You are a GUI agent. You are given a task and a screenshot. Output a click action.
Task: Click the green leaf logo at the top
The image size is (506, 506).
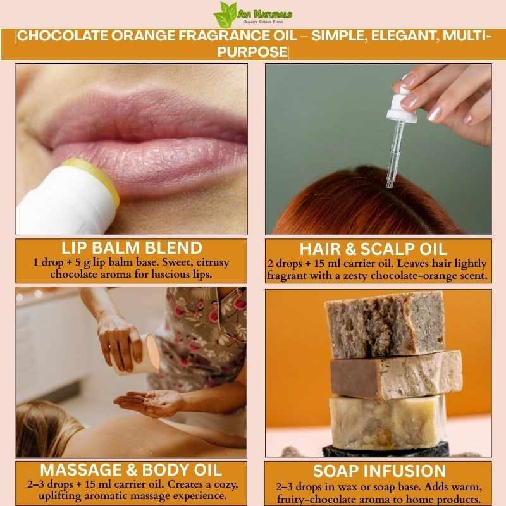225,14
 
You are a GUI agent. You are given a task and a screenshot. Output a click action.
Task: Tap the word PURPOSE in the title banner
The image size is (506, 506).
252,52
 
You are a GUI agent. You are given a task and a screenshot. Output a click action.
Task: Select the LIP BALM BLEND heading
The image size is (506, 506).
132,248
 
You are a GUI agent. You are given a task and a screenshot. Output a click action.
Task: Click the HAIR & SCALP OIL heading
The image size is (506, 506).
373,249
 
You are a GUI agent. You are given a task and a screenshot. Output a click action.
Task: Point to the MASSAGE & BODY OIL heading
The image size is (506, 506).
131,470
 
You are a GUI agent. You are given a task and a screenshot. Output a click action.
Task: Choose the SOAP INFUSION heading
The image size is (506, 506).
379,471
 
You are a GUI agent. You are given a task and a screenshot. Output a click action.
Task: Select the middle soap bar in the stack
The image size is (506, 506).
397,374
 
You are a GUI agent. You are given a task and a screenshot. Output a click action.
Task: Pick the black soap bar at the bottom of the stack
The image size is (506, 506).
386,449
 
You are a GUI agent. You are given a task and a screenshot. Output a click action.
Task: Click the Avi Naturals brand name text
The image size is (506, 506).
265,14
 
